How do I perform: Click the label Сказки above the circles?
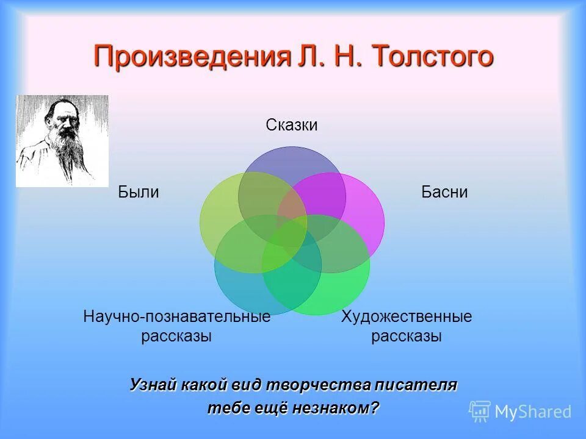pos(292,125)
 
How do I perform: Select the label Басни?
pos(444,193)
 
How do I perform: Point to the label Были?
pos(139,193)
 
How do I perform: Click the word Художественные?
pos(406,317)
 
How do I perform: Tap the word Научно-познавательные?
pos(176,317)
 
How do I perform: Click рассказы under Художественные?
pos(406,336)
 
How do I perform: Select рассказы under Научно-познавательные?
pos(176,336)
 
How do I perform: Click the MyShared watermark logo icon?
pos(480,411)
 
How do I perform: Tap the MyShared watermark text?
pos(533,412)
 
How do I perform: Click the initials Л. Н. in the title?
pos(329,57)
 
